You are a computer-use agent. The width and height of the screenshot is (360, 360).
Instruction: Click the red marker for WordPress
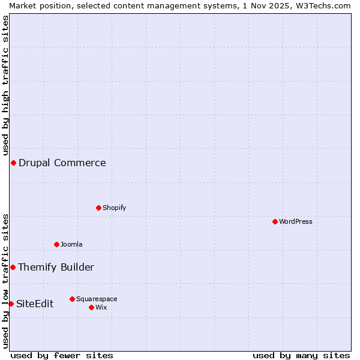275,221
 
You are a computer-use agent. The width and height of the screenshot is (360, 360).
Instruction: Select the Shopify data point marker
98,208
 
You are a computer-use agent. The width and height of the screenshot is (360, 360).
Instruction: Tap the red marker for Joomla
56,244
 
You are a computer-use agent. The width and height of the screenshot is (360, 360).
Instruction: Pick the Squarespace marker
72,299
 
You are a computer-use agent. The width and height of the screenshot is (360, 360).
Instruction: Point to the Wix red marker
91,307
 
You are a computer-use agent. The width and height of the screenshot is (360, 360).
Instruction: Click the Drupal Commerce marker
13,163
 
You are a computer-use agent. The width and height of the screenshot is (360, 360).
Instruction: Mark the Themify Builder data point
13,267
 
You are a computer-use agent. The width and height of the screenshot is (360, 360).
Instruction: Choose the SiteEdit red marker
11,304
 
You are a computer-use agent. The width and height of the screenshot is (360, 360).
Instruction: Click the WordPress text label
296,221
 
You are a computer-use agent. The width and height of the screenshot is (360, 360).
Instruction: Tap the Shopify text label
114,208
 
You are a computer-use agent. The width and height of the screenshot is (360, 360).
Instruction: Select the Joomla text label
71,244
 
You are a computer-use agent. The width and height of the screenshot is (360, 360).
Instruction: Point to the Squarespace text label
97,299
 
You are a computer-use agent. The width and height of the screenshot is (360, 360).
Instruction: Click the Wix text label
101,307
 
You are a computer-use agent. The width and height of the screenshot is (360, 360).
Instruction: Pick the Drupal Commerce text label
62,163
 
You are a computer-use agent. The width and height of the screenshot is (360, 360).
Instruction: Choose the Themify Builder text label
56,267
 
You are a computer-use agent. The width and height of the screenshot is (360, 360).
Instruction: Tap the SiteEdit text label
35,304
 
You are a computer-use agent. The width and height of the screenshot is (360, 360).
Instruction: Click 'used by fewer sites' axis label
62,355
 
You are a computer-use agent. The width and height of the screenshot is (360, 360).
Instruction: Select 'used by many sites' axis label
301,355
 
